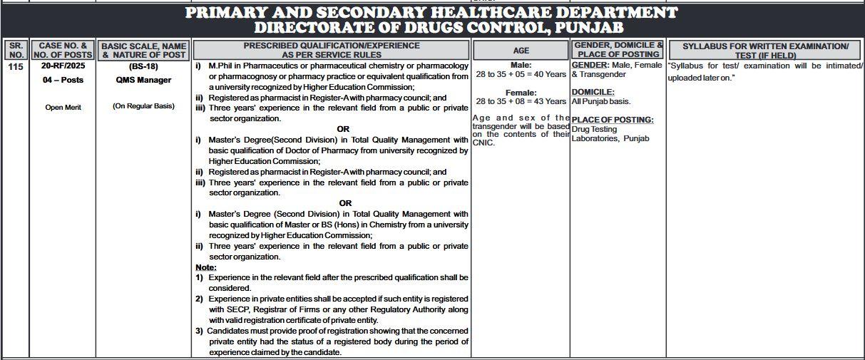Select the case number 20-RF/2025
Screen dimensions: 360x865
click(63, 66)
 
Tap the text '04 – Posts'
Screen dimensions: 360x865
click(63, 80)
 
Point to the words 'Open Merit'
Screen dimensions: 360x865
click(63, 107)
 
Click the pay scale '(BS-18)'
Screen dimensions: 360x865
click(143, 66)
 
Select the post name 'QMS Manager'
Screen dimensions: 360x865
click(143, 80)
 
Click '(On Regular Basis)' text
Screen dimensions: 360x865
click(143, 106)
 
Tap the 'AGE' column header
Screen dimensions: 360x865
click(521, 51)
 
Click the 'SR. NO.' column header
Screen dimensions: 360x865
click(15, 50)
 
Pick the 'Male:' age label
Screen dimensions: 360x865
click(521, 65)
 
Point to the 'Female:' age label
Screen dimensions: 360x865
click(521, 92)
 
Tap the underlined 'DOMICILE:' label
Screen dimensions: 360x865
click(593, 92)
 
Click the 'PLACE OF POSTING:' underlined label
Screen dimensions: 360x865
click(612, 120)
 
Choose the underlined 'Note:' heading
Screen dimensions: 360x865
click(206, 267)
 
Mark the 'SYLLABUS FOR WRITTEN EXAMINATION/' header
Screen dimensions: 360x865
click(765, 46)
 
